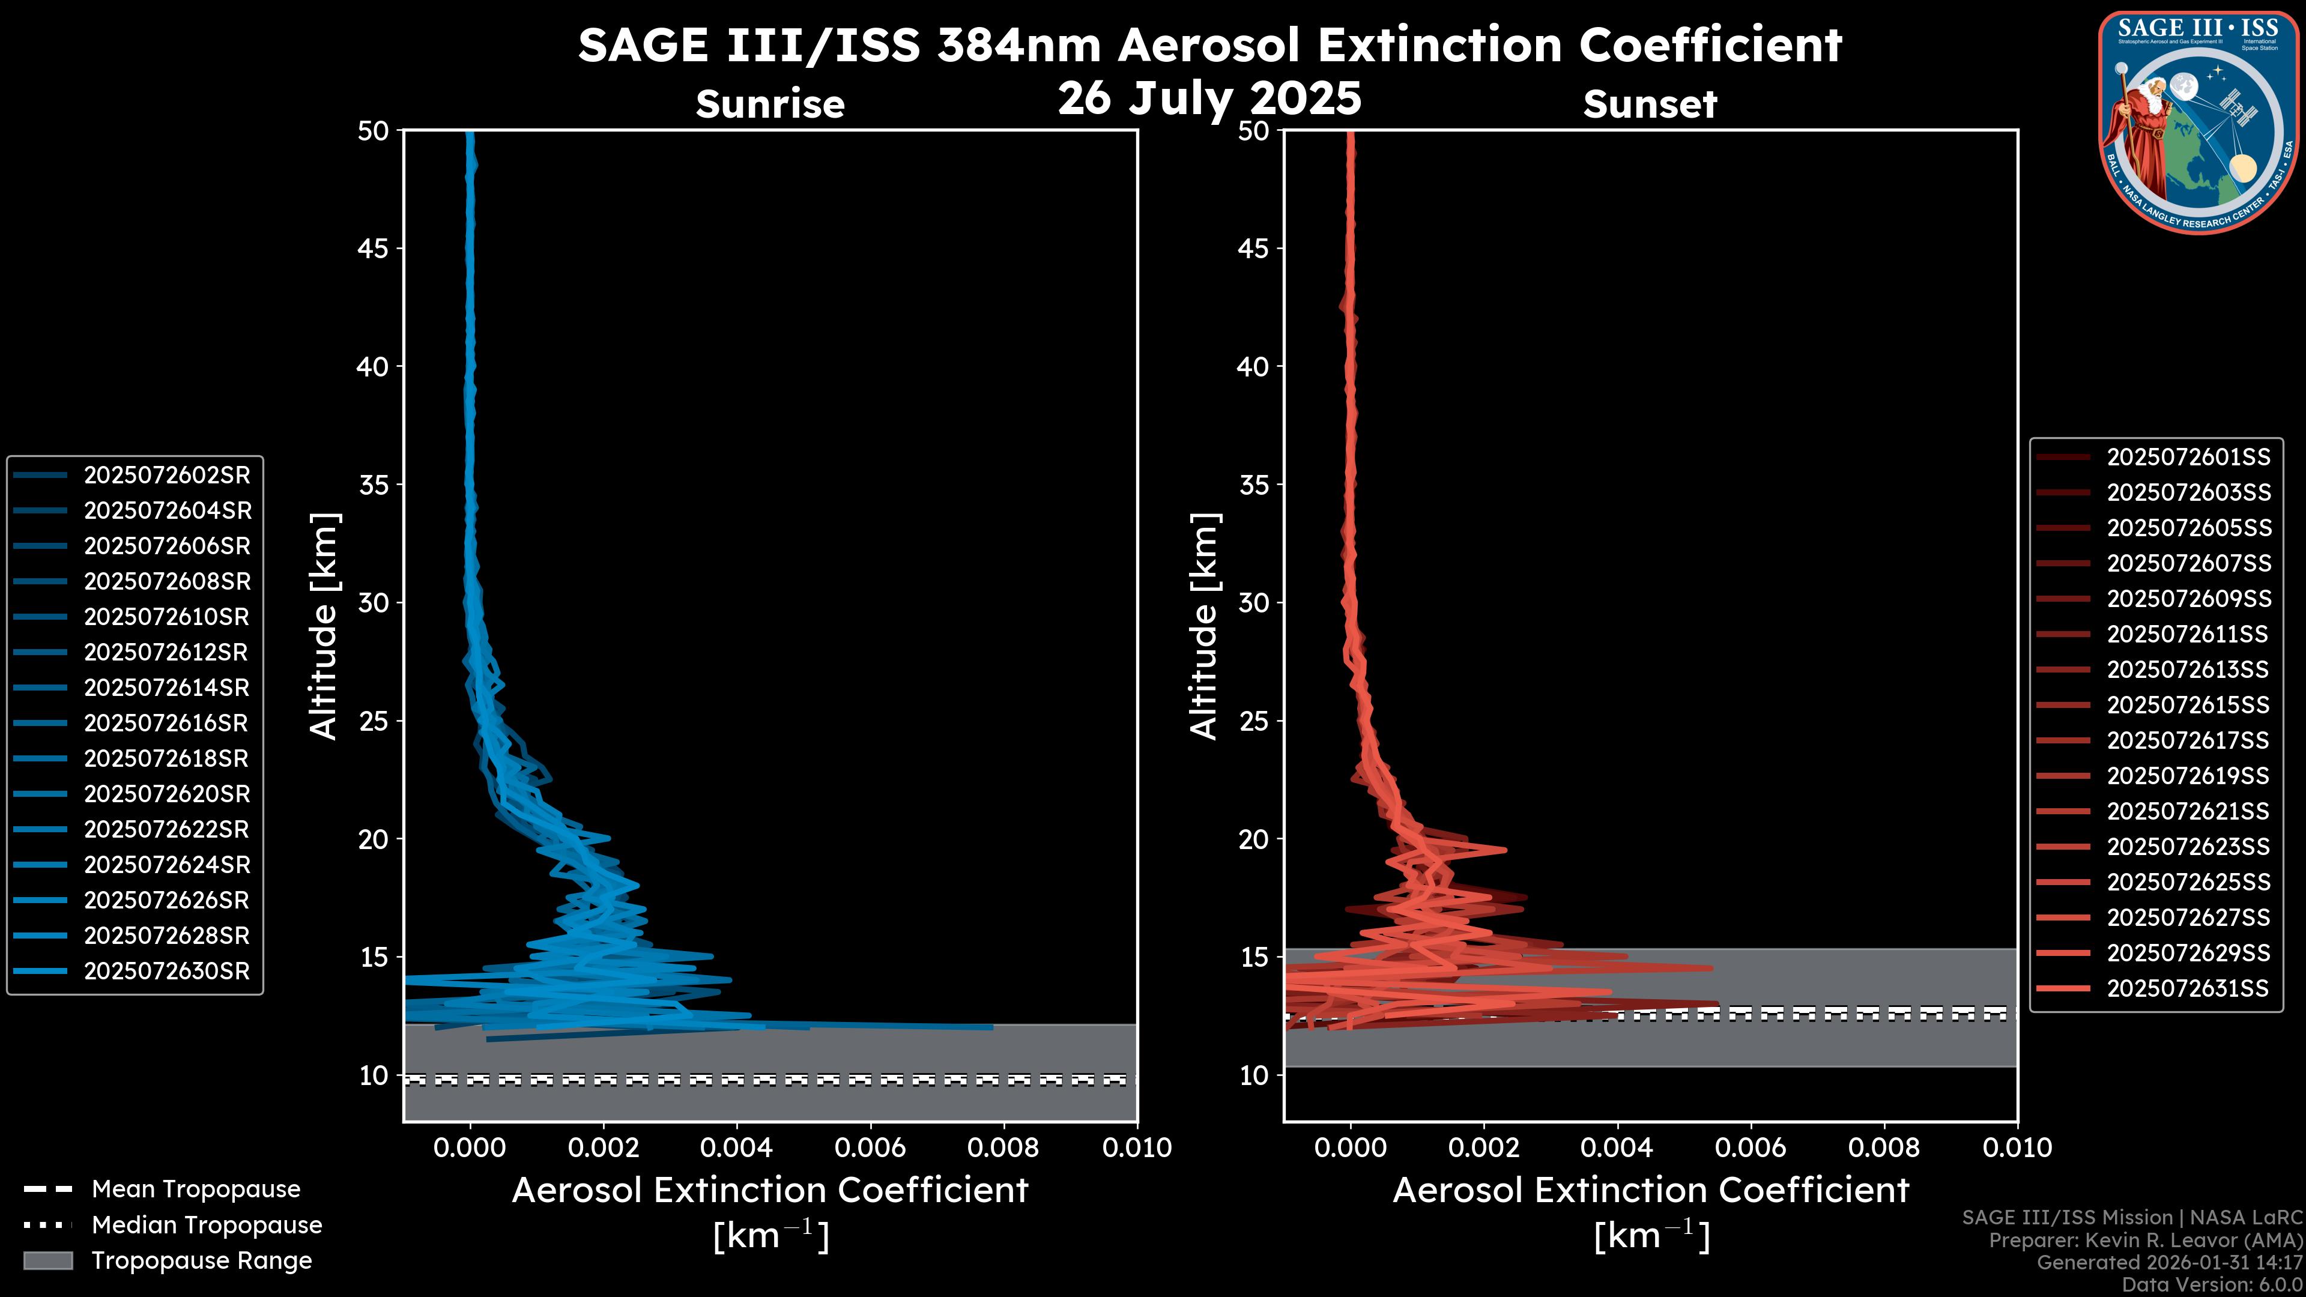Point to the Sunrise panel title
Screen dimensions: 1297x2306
(x=770, y=104)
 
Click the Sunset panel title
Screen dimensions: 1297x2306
(x=1650, y=104)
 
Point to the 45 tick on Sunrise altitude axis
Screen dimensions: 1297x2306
(x=374, y=248)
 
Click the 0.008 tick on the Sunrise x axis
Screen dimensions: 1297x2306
(x=1003, y=1147)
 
